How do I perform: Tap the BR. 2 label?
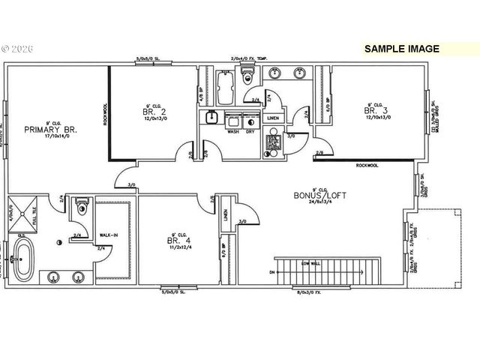(x=154, y=112)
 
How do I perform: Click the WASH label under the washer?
(x=233, y=132)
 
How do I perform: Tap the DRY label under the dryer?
(x=250, y=132)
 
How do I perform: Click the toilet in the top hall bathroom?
(x=249, y=75)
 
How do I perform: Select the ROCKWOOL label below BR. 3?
(x=367, y=166)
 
